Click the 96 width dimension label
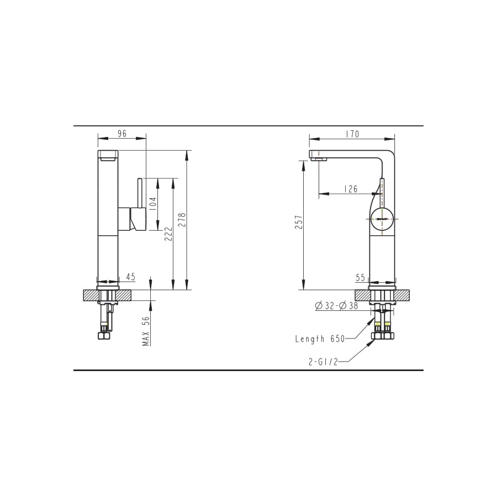[x=122, y=134]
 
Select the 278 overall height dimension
[x=182, y=220]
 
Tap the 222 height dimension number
[x=168, y=234]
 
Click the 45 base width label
[x=130, y=277]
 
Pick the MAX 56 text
[x=146, y=331]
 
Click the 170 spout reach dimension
[x=352, y=134]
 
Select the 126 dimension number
[x=351, y=189]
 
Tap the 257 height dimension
[x=299, y=222]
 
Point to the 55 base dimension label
[x=361, y=278]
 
